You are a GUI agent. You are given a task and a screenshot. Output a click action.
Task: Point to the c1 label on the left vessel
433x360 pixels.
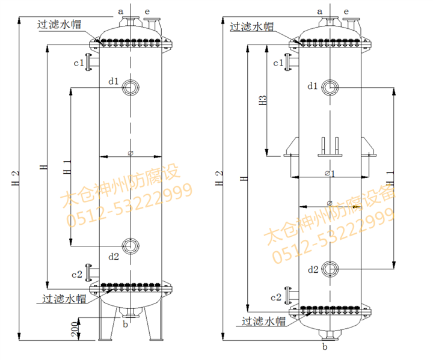78,62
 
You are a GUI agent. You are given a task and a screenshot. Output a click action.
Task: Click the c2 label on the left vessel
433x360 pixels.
77,275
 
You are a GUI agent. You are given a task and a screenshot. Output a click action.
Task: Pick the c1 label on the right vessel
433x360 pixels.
278,63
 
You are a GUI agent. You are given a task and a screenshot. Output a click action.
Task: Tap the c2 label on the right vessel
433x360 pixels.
276,297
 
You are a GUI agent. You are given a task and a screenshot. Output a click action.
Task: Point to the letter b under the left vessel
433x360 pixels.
125,325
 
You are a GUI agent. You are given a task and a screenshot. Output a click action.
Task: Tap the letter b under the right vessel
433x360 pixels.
325,347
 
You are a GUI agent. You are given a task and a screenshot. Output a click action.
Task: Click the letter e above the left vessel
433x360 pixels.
147,10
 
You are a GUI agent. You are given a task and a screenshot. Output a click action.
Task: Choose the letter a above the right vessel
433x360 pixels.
320,11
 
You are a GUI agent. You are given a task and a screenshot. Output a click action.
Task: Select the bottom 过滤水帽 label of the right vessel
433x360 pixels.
263,321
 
